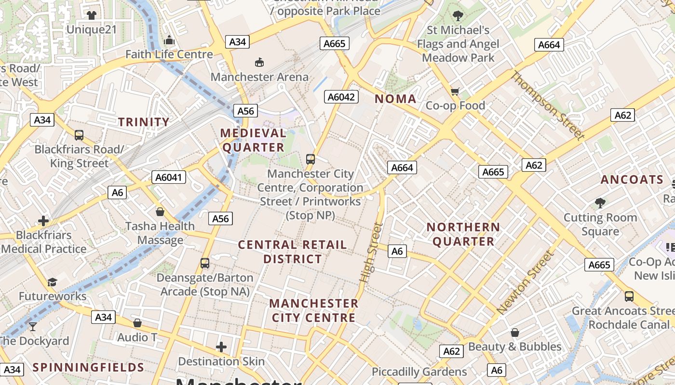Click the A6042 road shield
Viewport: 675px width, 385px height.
(x=341, y=97)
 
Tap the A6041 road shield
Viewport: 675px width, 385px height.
(x=168, y=177)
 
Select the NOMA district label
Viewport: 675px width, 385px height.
(x=395, y=99)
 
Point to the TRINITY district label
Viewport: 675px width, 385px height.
(x=144, y=122)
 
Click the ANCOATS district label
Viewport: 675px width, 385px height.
(x=632, y=180)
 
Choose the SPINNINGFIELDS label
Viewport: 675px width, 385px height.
(x=88, y=368)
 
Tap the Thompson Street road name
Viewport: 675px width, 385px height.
(x=548, y=105)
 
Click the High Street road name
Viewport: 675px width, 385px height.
(x=370, y=252)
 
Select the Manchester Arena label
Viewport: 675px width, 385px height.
(x=259, y=77)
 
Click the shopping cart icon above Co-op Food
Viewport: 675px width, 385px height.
(x=455, y=91)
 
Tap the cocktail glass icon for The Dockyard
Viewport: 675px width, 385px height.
(x=33, y=326)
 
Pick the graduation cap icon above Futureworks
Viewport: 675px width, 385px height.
(x=52, y=282)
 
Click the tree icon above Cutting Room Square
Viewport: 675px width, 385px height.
(x=600, y=203)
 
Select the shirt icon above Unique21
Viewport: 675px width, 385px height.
(x=91, y=15)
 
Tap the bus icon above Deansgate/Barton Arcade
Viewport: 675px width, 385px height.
(x=205, y=263)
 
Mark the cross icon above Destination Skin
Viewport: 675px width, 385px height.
(x=221, y=346)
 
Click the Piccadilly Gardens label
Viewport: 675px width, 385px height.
(x=419, y=372)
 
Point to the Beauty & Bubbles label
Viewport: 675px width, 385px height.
(x=515, y=346)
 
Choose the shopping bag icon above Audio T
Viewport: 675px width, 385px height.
(x=137, y=323)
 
